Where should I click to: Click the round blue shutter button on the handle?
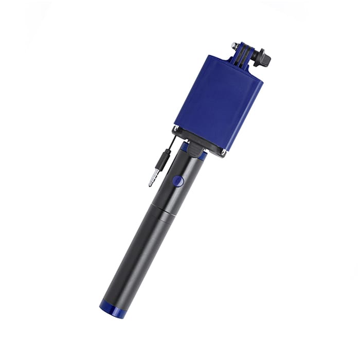(x=177, y=181)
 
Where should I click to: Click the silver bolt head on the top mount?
(x=235, y=45)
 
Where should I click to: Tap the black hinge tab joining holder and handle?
(x=194, y=149)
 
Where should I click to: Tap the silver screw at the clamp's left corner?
(x=176, y=128)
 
